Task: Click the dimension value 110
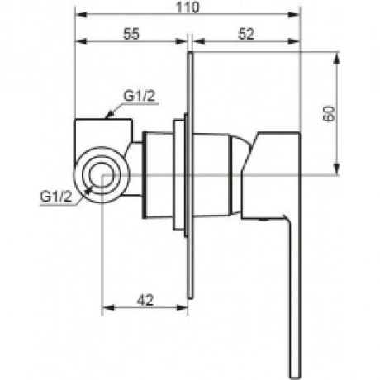click(188, 7)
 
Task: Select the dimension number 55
click(131, 34)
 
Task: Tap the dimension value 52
click(246, 34)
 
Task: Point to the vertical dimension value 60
click(329, 113)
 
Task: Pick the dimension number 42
click(145, 300)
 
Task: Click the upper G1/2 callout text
click(140, 96)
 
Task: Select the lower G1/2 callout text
click(56, 197)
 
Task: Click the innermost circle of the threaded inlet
click(102, 175)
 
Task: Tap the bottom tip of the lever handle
click(295, 378)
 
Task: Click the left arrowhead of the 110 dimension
click(81, 15)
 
